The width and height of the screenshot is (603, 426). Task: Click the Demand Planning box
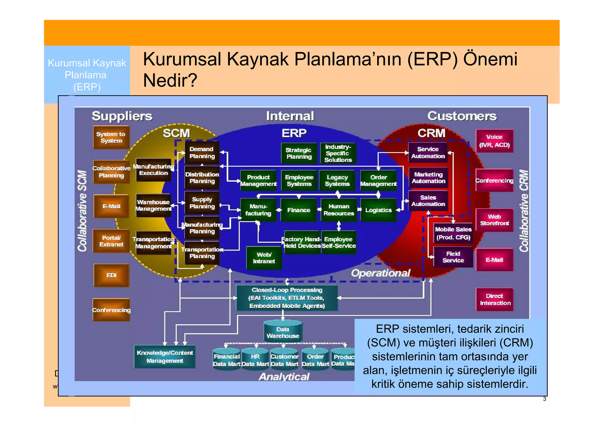point(202,153)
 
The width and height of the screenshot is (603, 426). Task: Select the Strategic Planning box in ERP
point(299,153)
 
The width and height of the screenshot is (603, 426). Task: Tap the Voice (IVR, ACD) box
point(494,141)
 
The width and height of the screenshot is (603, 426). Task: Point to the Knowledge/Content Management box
point(165,357)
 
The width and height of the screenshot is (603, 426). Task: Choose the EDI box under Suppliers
point(111,275)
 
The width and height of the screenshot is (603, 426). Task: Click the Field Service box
point(453,257)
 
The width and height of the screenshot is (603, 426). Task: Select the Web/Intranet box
point(264,258)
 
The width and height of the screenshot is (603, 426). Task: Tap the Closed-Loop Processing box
point(287,298)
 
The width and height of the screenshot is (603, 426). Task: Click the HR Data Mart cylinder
point(255,360)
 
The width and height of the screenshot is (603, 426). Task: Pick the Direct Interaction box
point(495,299)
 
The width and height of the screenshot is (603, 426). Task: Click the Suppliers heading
point(122,116)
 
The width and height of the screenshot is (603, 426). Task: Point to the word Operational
point(380,273)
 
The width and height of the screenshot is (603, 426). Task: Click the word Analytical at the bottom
point(284,377)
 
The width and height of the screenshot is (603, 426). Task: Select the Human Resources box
point(339,210)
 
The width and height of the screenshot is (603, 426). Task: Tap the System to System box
point(111,137)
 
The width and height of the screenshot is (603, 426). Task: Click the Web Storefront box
point(494,220)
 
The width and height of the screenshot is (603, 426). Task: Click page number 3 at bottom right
point(544,399)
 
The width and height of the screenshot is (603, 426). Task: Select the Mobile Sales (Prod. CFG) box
point(453,233)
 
